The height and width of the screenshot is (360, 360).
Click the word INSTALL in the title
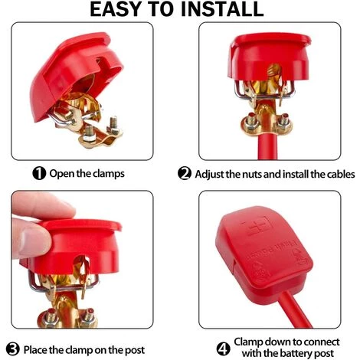pyautogui.click(x=222, y=9)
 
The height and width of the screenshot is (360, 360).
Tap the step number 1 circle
pyautogui.click(x=39, y=174)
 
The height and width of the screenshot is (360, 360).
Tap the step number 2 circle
pyautogui.click(x=185, y=173)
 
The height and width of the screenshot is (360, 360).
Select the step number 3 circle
pyautogui.click(x=13, y=349)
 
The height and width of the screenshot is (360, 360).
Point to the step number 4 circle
pyautogui.click(x=223, y=349)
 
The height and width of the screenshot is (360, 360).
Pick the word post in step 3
pyautogui.click(x=135, y=351)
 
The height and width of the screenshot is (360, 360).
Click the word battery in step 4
pyautogui.click(x=297, y=354)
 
